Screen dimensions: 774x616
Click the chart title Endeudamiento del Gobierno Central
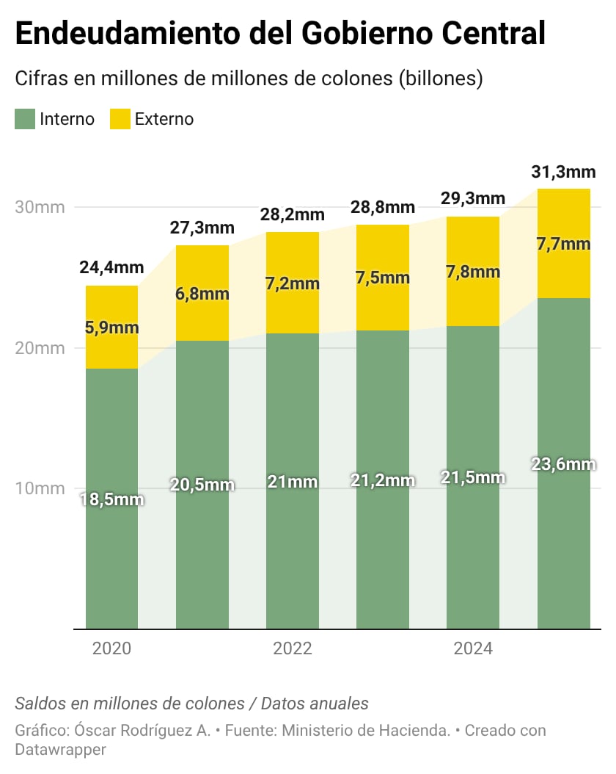(x=280, y=35)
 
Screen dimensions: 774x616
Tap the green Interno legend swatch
(x=25, y=119)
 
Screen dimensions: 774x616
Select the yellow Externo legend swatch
(x=120, y=119)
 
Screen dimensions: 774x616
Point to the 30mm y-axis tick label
(x=40, y=207)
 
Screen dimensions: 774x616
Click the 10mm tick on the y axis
(x=40, y=488)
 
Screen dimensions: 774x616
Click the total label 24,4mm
(x=111, y=268)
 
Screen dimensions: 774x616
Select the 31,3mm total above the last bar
(x=563, y=173)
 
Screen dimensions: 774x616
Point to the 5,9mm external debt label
(x=111, y=328)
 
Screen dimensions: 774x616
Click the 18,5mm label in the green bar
(x=111, y=500)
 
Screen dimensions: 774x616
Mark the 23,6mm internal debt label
(x=563, y=464)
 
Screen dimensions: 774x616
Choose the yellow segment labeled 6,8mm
(x=202, y=294)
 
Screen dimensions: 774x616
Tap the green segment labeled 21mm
(x=293, y=482)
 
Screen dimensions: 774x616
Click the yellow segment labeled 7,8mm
(x=473, y=272)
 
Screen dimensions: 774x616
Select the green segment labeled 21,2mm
(x=383, y=481)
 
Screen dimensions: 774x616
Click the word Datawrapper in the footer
(x=60, y=750)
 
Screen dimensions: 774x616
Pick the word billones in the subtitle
(x=440, y=79)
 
